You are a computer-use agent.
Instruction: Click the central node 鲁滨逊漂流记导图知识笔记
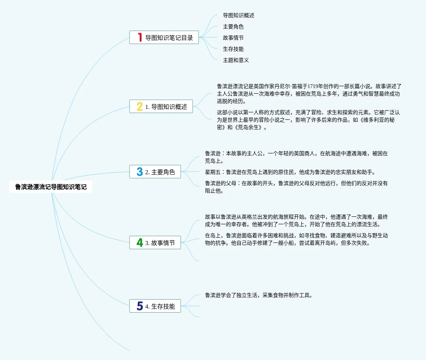click(x=51, y=187)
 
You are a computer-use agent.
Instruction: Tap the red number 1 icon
click(x=140, y=37)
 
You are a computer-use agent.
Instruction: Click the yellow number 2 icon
click(x=140, y=107)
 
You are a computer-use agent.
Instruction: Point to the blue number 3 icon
click(x=140, y=172)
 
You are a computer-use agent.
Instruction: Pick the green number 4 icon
click(x=140, y=242)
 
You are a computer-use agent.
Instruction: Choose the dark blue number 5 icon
click(x=140, y=306)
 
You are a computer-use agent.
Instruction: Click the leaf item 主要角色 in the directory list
click(x=233, y=26)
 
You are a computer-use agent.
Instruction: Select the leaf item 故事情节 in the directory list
click(x=233, y=38)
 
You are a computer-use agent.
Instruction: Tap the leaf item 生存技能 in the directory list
click(x=233, y=49)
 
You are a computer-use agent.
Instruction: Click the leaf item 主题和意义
click(x=236, y=60)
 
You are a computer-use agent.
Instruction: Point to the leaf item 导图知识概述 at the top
click(x=239, y=15)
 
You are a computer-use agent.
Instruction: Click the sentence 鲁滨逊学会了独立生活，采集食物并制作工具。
click(x=258, y=295)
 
